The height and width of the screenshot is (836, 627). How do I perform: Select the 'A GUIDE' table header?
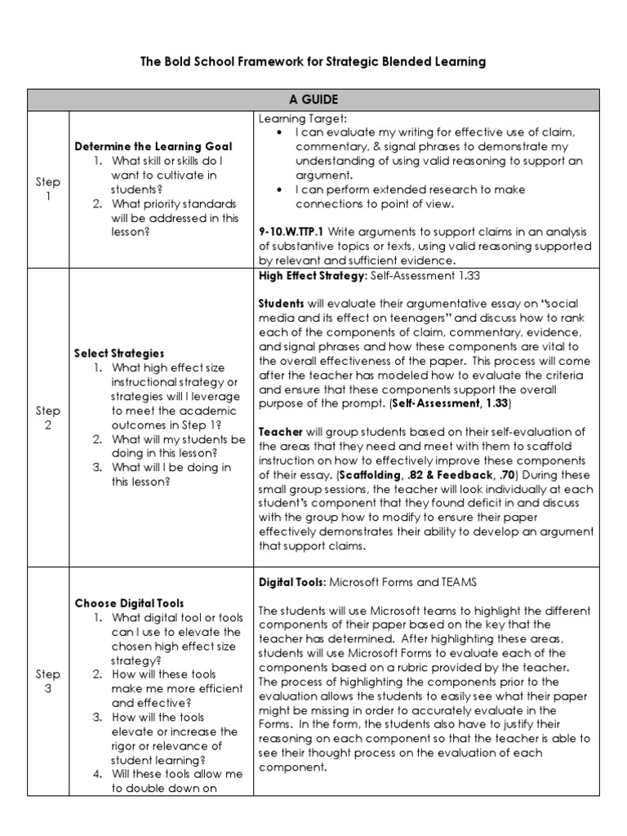[x=313, y=100]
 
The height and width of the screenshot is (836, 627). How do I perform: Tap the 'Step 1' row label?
[x=48, y=189]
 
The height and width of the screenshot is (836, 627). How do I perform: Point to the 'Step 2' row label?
[x=48, y=418]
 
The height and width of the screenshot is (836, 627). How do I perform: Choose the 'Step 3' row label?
[x=48, y=681]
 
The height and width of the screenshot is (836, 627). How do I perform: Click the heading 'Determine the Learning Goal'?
[x=153, y=146]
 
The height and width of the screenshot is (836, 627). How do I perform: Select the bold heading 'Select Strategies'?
[x=119, y=354]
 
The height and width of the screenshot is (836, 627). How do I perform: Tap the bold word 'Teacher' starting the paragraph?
[x=282, y=432]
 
